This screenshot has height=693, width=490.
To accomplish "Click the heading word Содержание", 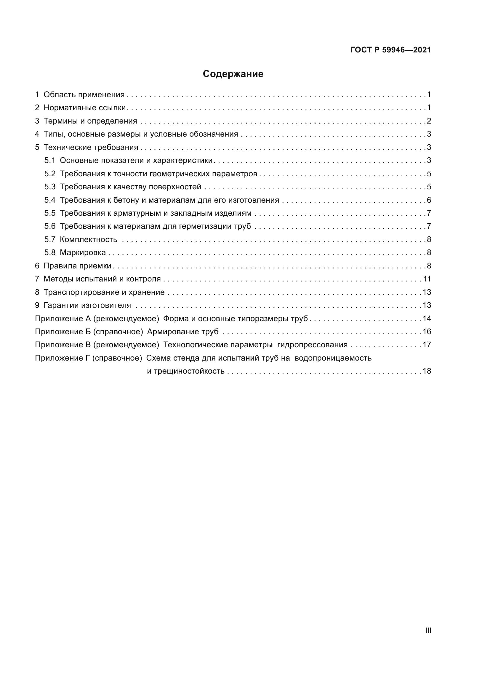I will click(x=233, y=74).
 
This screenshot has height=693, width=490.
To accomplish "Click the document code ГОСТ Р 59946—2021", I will click(x=390, y=50).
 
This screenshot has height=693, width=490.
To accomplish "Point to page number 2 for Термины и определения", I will click(x=429, y=121).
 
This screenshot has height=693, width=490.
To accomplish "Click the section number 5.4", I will click(x=50, y=200).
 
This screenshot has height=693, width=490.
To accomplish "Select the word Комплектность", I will click(x=88, y=240).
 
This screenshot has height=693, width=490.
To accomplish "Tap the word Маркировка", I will click(x=83, y=253).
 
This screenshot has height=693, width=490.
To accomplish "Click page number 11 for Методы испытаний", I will click(x=427, y=279).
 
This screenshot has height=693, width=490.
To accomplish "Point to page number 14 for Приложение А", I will click(x=427, y=319).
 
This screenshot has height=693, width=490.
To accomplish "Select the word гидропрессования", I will click(x=312, y=345).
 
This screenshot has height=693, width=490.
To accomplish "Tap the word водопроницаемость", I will click(x=333, y=358).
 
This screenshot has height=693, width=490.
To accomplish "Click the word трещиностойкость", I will click(x=189, y=371).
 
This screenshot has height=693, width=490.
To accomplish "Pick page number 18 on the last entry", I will click(x=427, y=371).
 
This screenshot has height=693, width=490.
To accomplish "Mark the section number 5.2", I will click(x=50, y=174).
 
